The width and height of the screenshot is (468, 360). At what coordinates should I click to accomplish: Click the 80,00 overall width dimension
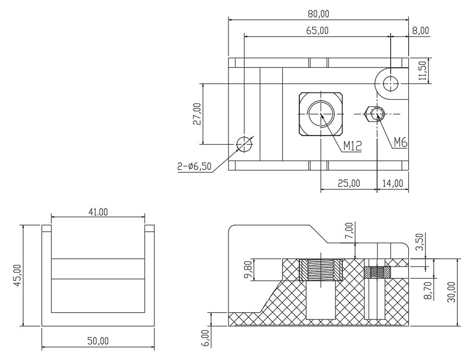(318, 14)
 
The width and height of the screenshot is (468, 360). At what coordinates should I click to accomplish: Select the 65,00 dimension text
(317, 31)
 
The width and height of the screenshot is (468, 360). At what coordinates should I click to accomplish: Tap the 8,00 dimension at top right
(420, 31)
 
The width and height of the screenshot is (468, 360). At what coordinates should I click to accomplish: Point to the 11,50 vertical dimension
(422, 71)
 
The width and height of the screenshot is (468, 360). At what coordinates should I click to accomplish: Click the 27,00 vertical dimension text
(197, 114)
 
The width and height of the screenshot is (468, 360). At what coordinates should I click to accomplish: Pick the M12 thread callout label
(353, 146)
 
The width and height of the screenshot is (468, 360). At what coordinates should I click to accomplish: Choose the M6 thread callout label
(401, 143)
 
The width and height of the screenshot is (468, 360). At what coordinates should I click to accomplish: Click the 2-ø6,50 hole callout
(195, 166)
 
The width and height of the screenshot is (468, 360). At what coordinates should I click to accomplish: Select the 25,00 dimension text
(349, 183)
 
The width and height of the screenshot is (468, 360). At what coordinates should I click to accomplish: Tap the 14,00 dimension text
(393, 183)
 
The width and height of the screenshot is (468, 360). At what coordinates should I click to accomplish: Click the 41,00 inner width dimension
(98, 212)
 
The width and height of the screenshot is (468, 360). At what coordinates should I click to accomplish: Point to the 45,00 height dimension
(18, 275)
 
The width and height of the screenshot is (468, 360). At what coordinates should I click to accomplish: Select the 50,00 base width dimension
(98, 340)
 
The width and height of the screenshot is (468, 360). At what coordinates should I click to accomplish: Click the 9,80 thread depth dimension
(249, 269)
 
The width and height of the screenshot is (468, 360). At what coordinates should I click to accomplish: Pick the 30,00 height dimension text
(451, 292)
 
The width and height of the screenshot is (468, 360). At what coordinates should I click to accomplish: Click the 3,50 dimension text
(419, 242)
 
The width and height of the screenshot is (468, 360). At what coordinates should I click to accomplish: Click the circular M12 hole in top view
(321, 114)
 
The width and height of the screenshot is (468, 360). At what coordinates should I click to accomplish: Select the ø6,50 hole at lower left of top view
(245, 144)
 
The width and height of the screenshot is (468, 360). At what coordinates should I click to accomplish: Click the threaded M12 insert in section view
(321, 270)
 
